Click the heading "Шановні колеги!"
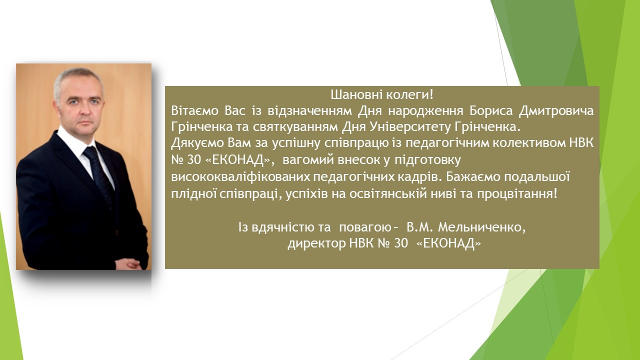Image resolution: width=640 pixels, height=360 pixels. pos(382,94)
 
